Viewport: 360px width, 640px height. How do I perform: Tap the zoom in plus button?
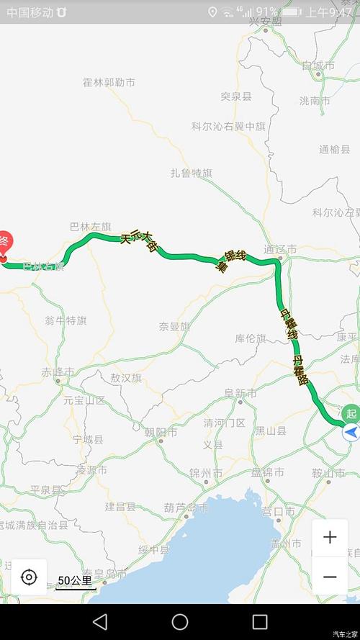pos(330,538)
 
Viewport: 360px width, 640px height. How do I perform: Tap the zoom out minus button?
pos(330,577)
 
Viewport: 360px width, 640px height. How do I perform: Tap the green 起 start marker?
pos(351,414)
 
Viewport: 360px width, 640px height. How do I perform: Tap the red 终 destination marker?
pos(4,242)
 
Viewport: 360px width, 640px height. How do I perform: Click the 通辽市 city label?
pos(280,250)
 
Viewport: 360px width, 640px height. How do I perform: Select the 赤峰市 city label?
pos(58,372)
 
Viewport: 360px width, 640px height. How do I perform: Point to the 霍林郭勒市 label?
pos(109,83)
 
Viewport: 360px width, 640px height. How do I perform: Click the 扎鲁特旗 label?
pos(192,173)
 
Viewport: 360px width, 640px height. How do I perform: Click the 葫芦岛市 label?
pos(186,508)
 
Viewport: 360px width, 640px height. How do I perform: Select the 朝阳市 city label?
pos(161,432)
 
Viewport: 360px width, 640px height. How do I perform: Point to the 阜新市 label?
pos(240,393)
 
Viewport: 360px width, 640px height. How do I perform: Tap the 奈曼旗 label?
pos(174,326)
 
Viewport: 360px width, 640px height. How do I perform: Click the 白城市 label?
pos(318,66)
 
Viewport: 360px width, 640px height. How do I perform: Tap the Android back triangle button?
pos(100,622)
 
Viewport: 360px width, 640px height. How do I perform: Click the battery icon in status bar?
pos(292,12)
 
